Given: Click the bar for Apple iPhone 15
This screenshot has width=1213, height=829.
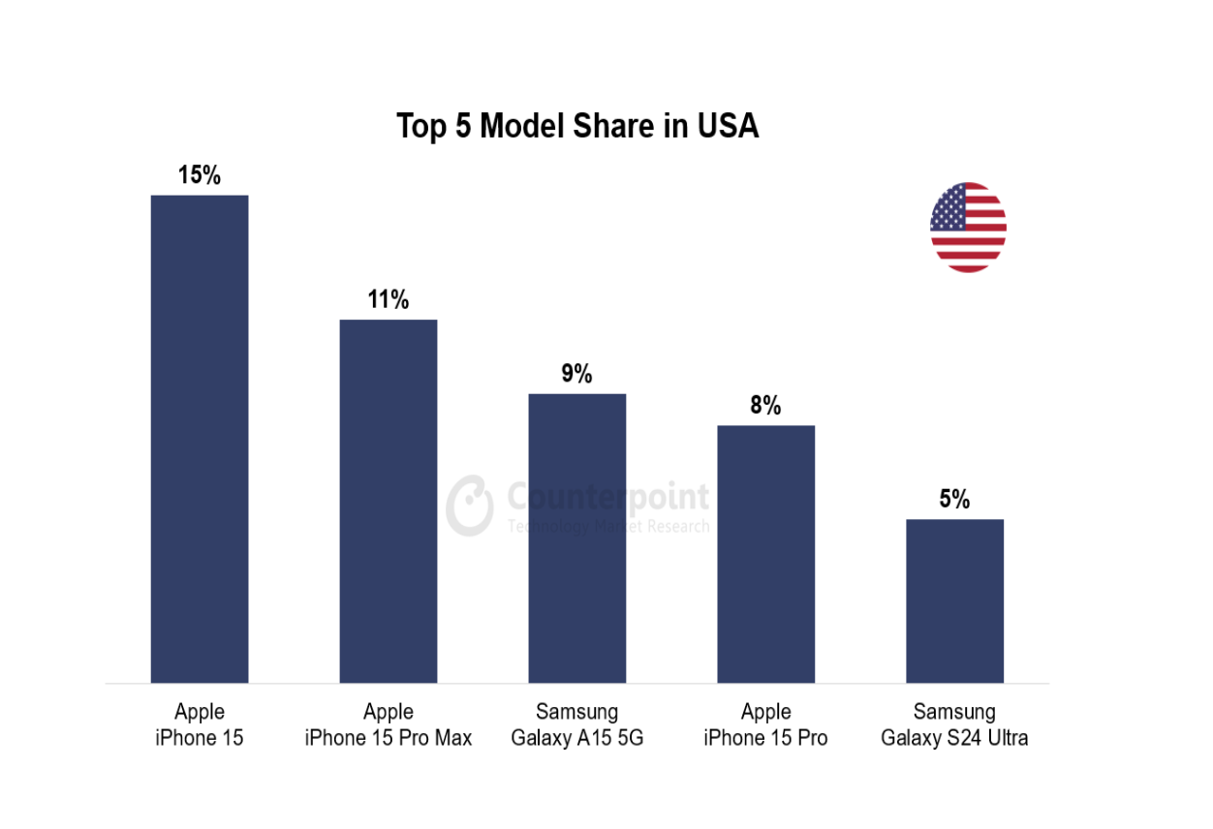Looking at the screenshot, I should coord(200,439).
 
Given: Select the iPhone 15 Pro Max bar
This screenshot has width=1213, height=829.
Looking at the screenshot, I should coord(388,501).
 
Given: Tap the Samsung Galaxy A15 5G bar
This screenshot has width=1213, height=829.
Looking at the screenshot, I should coord(576,537).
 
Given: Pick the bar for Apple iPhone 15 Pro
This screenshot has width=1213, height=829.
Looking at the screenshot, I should coord(765,554).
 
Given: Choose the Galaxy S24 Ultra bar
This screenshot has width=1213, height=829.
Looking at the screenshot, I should coord(954,600).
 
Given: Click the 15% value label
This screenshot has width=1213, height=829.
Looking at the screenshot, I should coord(200,175).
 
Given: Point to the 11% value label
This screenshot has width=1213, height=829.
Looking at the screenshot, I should coord(388,300).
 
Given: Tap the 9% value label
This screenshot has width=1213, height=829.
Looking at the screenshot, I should coord(576,374).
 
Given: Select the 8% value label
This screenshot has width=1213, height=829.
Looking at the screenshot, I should coord(765,406).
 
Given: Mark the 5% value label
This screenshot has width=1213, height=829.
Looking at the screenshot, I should coord(954,500).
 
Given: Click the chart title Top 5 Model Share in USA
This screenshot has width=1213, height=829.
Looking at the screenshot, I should coord(577,127).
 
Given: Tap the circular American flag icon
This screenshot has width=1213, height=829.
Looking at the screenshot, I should coord(968,228).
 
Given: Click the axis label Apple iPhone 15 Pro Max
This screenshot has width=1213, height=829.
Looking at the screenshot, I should coord(388,725).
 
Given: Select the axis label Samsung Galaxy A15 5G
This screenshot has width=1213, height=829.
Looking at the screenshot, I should coord(576,725).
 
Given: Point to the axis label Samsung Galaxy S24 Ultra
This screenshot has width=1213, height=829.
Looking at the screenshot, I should coord(954,725).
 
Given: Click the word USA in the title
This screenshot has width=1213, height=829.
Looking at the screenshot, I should coord(728,127).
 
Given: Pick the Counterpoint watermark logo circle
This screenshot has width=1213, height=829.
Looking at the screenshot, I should coord(470,505).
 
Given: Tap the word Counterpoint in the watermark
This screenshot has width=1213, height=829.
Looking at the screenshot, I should coord(608,498).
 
